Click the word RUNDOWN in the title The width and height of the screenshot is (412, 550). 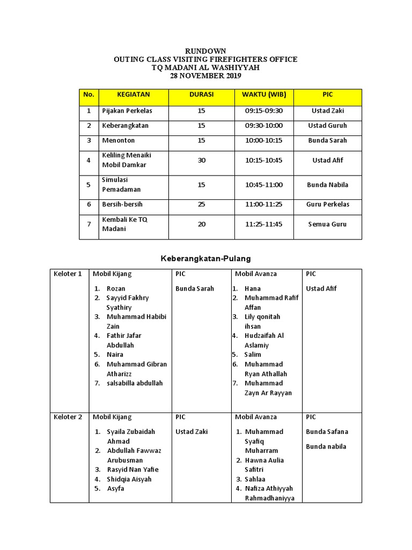coord(205,51)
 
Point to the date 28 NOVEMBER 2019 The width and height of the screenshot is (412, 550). coord(205,76)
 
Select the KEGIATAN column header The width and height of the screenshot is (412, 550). coord(133,95)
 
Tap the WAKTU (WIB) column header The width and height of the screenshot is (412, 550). coord(263,95)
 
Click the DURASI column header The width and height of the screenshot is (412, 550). coord(201,95)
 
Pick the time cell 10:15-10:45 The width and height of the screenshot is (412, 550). coord(263,160)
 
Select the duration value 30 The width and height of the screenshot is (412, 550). coord(201,160)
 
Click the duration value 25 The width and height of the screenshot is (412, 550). coord(201,205)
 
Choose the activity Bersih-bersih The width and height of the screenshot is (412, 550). coord(122,205)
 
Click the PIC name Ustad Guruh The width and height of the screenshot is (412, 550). coord(327,126)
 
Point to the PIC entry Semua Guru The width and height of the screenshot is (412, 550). coord(327,225)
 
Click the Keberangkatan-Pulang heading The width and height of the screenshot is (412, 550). coord(206,259)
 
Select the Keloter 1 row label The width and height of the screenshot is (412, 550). coord(68,274)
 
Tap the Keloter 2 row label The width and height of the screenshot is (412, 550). coord(68,417)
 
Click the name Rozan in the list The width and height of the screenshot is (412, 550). coord(116,288)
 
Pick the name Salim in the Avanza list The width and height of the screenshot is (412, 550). coord(253,354)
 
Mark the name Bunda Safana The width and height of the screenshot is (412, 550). coord(327,432)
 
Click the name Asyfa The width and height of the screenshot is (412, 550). coord(115,489)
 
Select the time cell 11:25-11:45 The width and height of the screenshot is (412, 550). coord(263,225)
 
